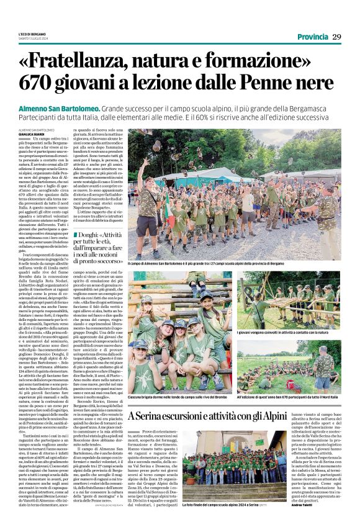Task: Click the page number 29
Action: click(336, 37)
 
